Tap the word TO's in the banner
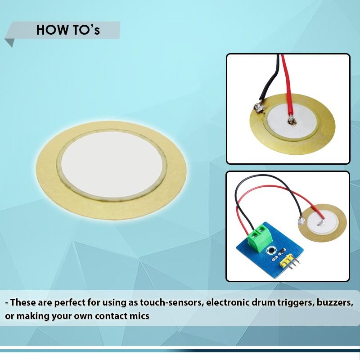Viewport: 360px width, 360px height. [84, 30]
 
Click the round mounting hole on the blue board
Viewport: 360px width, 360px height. [270, 250]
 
